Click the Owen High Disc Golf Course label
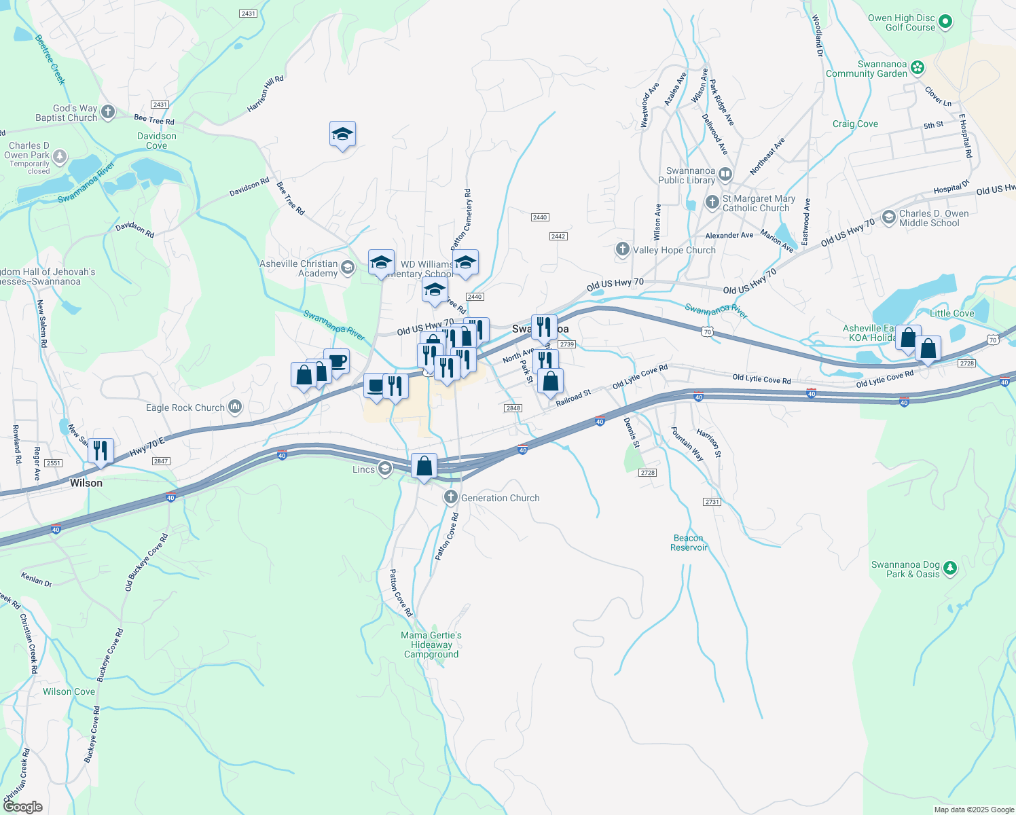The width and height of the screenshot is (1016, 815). (x=901, y=23)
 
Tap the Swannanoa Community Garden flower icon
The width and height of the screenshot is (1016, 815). (x=918, y=67)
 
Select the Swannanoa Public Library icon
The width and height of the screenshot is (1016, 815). (x=725, y=174)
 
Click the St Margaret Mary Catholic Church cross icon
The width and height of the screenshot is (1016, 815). (x=712, y=202)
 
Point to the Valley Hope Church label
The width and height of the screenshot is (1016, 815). (x=674, y=250)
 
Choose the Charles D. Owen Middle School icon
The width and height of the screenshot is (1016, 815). (x=888, y=217)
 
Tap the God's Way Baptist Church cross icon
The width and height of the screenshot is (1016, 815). (x=108, y=112)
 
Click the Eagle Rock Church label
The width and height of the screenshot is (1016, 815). (x=185, y=407)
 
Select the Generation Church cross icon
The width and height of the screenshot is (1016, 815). (x=450, y=498)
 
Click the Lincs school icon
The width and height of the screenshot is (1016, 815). (x=385, y=469)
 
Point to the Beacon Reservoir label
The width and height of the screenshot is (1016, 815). (x=689, y=543)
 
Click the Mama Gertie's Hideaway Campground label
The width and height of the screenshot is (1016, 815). (x=431, y=645)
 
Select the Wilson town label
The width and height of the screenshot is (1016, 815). (x=86, y=483)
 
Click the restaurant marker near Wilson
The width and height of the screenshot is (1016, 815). (x=101, y=450)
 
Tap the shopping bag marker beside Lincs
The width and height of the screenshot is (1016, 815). (x=424, y=466)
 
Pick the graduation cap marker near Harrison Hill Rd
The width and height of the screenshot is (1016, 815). (x=342, y=134)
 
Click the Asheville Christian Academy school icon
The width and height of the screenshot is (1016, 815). (x=348, y=268)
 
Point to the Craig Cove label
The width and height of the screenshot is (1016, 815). (x=855, y=124)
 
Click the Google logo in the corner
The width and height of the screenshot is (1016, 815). (x=23, y=807)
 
